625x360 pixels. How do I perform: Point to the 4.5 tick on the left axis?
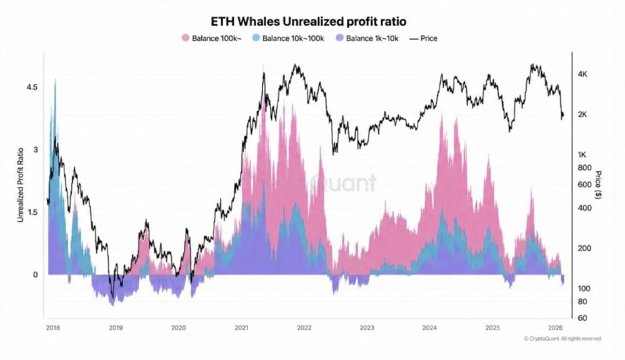(x=32, y=87)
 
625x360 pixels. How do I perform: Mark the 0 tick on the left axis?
(x=36, y=274)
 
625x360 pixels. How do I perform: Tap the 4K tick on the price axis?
(x=582, y=74)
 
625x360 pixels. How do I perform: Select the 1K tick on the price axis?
(x=582, y=154)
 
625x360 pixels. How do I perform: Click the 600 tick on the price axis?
(x=584, y=184)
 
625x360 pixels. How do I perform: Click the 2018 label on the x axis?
(x=53, y=327)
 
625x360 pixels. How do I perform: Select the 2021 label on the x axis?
(x=241, y=327)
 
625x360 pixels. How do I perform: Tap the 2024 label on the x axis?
(x=429, y=327)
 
